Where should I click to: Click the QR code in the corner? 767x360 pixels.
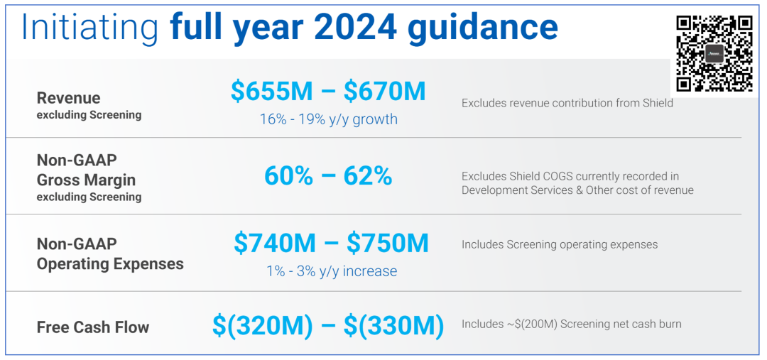[714, 53]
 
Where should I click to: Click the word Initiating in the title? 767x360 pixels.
[90, 26]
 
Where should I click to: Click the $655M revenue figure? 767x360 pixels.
[271, 91]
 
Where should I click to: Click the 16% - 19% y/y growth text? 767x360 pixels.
[328, 119]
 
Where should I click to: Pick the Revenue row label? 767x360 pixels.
[68, 98]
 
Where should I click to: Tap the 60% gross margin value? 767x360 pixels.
[288, 175]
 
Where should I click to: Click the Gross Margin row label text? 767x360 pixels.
[86, 180]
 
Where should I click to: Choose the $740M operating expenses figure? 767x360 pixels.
[274, 243]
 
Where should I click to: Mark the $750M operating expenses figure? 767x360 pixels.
[388, 243]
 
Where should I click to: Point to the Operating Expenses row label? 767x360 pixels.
[110, 264]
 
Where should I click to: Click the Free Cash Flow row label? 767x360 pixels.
[93, 327]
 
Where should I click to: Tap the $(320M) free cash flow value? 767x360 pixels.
[263, 325]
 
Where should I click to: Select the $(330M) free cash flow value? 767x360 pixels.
[394, 325]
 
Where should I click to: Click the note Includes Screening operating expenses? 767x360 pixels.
[560, 245]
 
